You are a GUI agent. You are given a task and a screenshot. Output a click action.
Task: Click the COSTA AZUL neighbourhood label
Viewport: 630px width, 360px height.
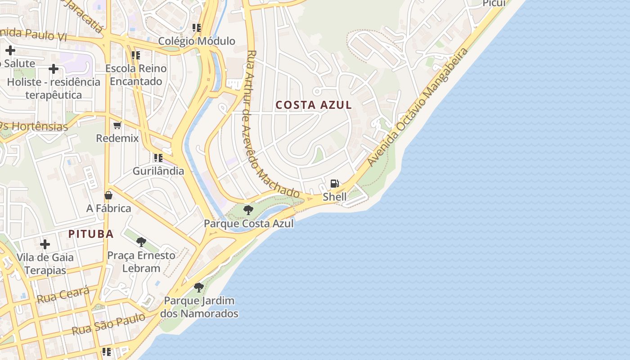tap(314, 105)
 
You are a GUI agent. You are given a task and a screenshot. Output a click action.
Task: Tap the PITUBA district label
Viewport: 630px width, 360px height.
tap(91, 234)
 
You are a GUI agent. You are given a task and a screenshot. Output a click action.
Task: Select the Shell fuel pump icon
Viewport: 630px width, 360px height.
tap(335, 183)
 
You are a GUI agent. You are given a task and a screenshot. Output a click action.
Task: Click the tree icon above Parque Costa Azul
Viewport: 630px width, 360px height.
tap(248, 210)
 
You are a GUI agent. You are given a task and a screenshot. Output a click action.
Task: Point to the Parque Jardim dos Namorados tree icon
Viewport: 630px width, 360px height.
tap(198, 287)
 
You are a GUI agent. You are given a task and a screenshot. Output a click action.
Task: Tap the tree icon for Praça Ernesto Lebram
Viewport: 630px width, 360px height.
tap(141, 242)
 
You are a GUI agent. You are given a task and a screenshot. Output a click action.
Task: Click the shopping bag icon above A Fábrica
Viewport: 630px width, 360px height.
tap(108, 195)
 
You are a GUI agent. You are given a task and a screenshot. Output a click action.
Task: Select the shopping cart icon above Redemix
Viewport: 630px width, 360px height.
tap(117, 125)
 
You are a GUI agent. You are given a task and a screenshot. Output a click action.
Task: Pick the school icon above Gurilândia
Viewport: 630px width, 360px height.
tap(158, 157)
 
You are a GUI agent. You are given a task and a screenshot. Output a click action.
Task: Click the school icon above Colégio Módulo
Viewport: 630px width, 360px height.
tap(196, 28)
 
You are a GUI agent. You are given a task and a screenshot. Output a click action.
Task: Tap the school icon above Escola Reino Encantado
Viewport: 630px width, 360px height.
tap(135, 55)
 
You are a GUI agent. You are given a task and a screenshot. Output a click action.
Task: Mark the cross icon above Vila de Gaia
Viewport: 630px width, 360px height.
tap(45, 244)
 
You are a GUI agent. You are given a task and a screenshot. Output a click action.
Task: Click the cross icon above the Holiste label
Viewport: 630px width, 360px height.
tap(54, 69)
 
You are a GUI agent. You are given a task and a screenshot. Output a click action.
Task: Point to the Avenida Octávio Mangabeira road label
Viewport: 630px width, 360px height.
tap(417, 107)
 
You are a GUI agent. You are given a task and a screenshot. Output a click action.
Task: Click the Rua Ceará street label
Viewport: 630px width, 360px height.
tap(63, 295)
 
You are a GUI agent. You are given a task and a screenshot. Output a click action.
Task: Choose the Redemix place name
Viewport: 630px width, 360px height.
tap(117, 138)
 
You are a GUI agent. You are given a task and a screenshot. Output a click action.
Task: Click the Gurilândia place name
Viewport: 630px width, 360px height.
tap(158, 171)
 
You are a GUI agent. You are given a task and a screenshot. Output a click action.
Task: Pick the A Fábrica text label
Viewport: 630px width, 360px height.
tap(108, 208)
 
